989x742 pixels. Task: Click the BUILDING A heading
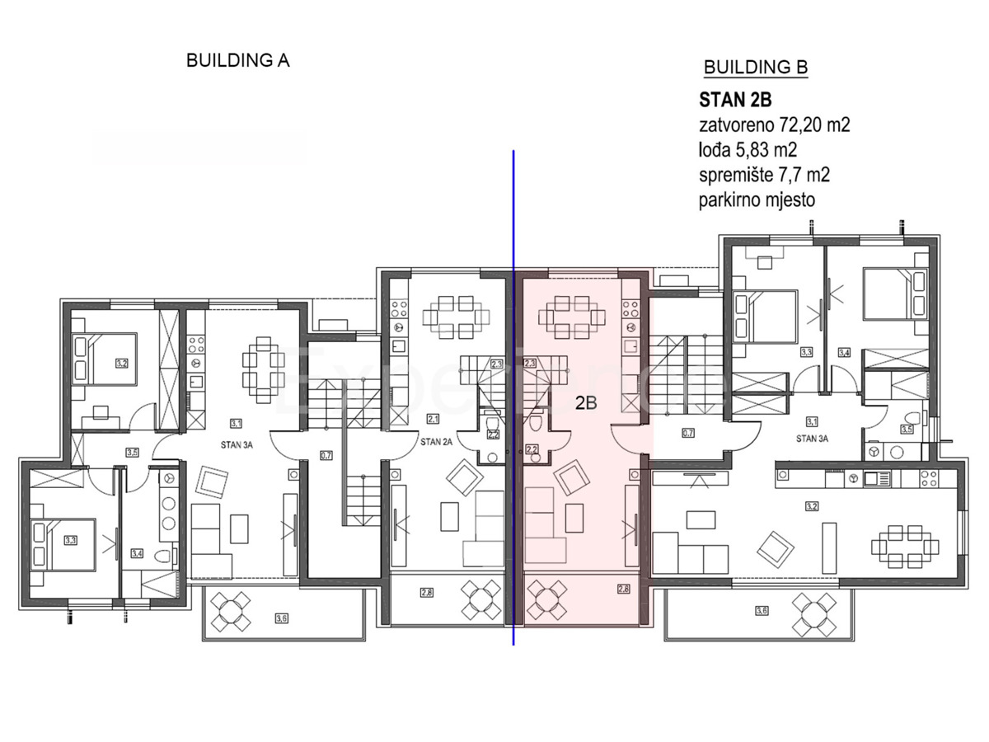(x=238, y=60)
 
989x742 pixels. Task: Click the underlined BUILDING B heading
(x=754, y=68)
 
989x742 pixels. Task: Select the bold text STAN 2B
(x=735, y=101)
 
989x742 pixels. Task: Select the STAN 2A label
(x=437, y=442)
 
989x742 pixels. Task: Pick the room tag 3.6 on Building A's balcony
(x=282, y=618)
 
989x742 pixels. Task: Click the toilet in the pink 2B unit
(x=535, y=423)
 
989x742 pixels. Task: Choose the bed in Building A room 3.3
(x=62, y=544)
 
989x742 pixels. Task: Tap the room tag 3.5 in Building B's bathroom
(x=907, y=429)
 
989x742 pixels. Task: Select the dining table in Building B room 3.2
(x=904, y=546)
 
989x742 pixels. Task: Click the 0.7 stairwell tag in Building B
(x=688, y=432)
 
